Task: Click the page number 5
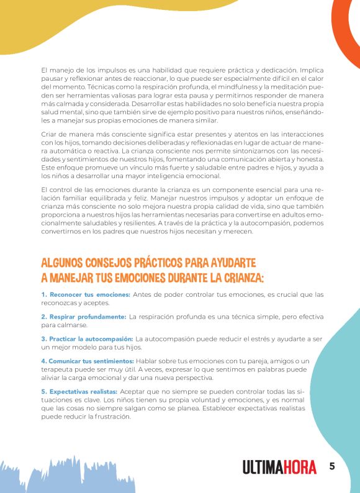click(332, 466)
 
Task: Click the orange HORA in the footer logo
click(300, 468)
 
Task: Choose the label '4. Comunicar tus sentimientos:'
click(88, 361)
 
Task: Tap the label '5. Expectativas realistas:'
click(79, 392)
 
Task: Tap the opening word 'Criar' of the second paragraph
click(50, 135)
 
